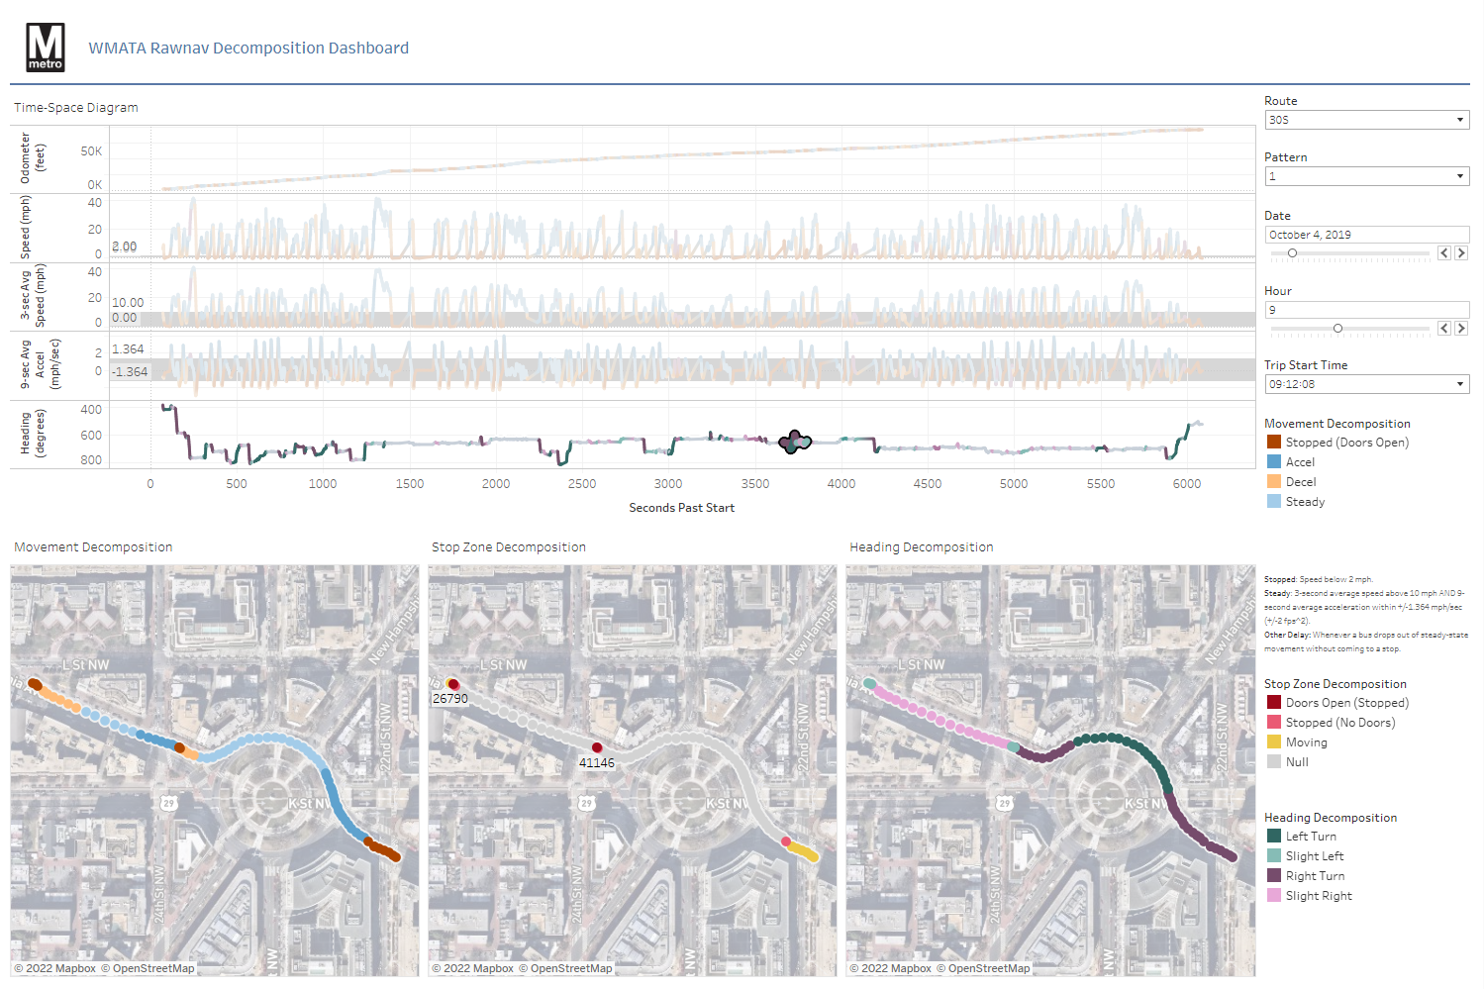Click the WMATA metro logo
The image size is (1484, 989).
(46, 48)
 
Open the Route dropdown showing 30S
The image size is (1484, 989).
(1366, 120)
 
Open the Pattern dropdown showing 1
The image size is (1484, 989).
(1366, 176)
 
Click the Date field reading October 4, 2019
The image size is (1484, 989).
(1366, 235)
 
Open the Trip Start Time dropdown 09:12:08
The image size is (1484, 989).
(1366, 384)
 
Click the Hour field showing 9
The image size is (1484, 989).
(1366, 310)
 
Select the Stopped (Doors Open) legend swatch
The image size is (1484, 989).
(1274, 443)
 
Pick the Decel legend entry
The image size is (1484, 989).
(1300, 482)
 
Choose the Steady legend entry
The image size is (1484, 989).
(1304, 502)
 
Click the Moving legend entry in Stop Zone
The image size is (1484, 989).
(1306, 742)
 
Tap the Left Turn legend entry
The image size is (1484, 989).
(1310, 837)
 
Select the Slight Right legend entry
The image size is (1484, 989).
(1318, 896)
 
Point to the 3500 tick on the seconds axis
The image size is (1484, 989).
(754, 484)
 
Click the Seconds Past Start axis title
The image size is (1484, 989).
(681, 508)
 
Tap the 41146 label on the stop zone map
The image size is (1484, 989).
(596, 763)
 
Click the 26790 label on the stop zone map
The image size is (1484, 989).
(449, 699)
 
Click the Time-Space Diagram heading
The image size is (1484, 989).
(76, 108)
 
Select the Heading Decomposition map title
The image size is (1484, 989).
(921, 547)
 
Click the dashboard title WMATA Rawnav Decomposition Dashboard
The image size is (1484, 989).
(248, 49)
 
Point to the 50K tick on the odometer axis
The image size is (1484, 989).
(91, 151)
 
